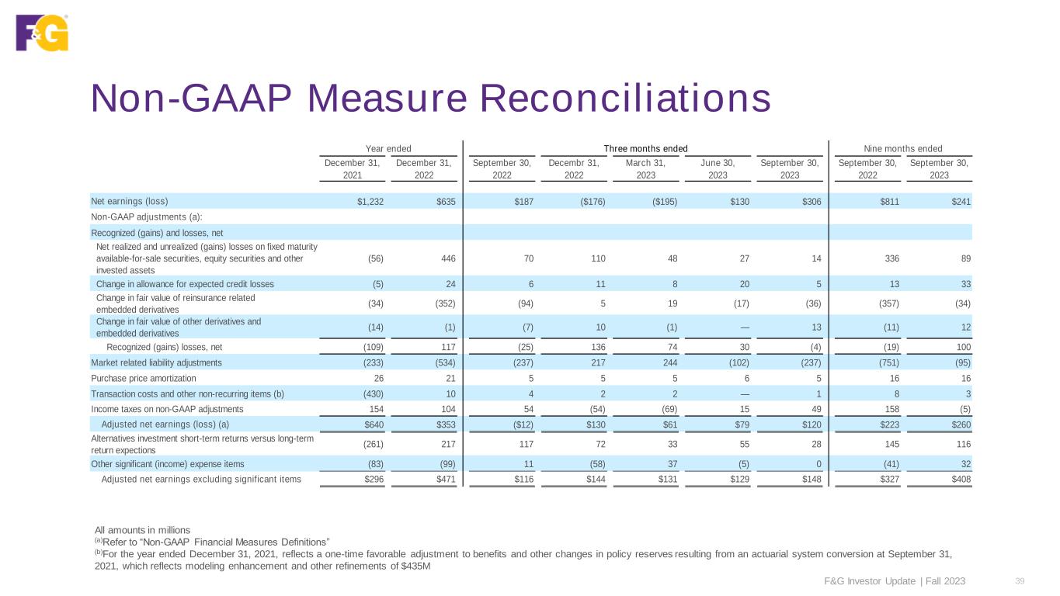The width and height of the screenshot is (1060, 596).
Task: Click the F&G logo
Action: [42, 33]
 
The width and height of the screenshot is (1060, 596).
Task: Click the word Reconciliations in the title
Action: [625, 99]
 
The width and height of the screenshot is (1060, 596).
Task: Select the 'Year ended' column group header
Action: [388, 148]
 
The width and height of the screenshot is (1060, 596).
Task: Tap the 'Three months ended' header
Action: [645, 148]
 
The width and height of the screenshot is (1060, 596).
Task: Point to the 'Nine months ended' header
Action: [902, 148]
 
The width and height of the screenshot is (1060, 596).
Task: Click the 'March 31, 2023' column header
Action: [645, 169]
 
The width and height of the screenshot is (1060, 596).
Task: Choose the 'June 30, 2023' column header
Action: [717, 169]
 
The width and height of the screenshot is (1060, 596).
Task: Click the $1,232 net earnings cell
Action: [370, 201]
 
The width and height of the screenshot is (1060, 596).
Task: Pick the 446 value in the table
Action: [447, 258]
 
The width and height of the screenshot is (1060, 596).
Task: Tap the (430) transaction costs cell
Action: [371, 393]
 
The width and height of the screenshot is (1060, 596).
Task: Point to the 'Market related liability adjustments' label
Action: [156, 362]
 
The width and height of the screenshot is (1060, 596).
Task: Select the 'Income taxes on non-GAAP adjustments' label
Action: [167, 409]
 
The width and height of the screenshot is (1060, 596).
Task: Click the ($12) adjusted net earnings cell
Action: [518, 424]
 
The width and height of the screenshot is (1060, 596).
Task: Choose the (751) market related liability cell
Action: [883, 362]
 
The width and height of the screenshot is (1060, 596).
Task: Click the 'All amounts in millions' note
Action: [142, 529]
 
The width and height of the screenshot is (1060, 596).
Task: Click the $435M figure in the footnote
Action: [416, 566]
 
